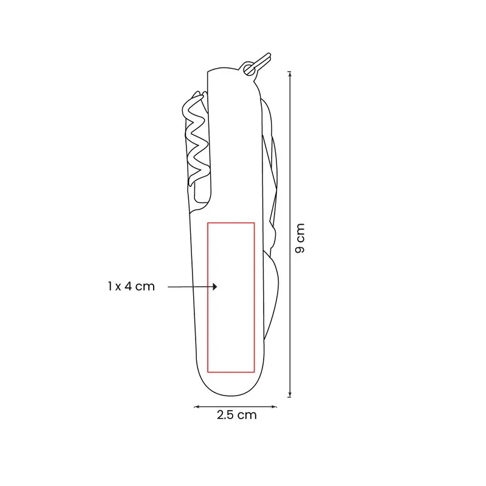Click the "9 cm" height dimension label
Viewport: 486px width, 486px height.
click(x=300, y=238)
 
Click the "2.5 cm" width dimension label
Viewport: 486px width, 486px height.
click(x=237, y=415)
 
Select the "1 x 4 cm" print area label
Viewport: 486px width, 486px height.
click(x=131, y=286)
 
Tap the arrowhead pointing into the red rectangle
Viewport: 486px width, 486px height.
click(x=215, y=287)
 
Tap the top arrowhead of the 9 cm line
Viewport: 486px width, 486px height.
click(x=290, y=74)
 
